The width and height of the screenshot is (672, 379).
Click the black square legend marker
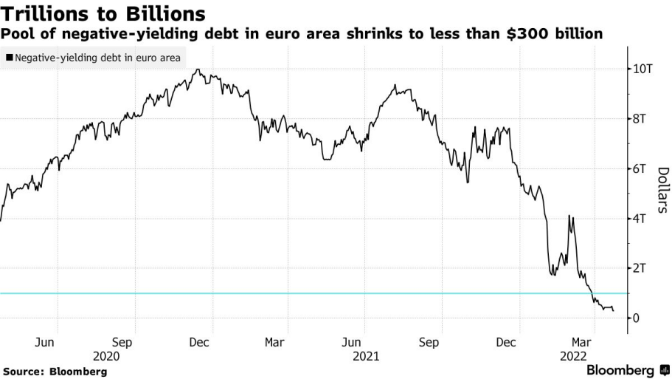9,57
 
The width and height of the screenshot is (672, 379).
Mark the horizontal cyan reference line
295,293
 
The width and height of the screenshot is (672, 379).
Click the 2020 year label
107,355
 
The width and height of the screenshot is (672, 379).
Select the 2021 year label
367,355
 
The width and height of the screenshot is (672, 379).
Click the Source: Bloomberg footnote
55,371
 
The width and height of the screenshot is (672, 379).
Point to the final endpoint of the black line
614,310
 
